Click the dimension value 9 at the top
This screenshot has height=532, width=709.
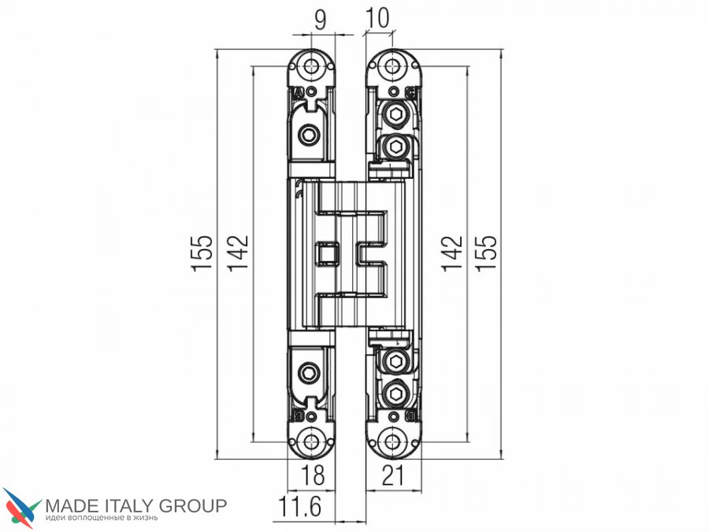pyautogui.click(x=320, y=19)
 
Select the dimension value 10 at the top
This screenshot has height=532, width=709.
pyautogui.click(x=377, y=18)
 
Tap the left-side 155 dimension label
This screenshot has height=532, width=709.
pyautogui.click(x=202, y=253)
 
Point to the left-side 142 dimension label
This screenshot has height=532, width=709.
pyautogui.click(x=237, y=253)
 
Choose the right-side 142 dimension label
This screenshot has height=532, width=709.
pyautogui.click(x=452, y=253)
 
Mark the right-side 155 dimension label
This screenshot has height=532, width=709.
pyautogui.click(x=487, y=253)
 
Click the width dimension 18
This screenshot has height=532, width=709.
pyautogui.click(x=313, y=475)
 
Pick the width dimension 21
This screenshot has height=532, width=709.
pyautogui.click(x=392, y=475)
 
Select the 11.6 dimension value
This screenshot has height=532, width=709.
pyautogui.click(x=299, y=506)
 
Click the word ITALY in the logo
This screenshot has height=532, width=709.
pyautogui.click(x=129, y=505)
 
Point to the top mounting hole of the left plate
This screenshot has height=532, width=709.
pyautogui.click(x=311, y=66)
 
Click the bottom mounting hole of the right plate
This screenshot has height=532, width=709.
pyautogui.click(x=392, y=441)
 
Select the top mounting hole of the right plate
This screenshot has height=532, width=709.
pyautogui.click(x=392, y=66)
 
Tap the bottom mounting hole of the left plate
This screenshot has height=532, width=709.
pyautogui.click(x=311, y=441)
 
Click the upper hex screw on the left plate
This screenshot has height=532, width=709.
pyautogui.click(x=310, y=134)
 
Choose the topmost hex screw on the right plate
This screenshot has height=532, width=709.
pyautogui.click(x=396, y=115)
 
